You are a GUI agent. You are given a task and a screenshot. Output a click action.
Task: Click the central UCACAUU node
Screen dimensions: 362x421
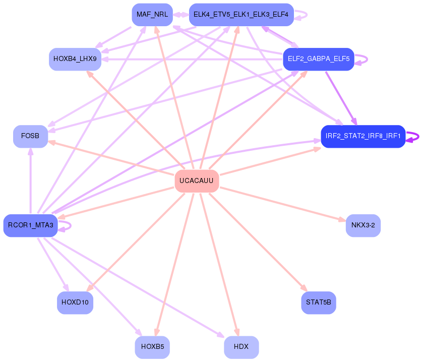click(196, 181)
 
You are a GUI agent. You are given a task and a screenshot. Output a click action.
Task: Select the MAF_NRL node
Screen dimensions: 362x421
click(152, 15)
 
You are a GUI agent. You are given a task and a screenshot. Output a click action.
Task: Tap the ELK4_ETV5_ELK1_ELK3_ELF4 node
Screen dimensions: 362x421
click(241, 15)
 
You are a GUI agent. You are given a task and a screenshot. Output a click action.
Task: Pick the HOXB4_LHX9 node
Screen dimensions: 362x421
click(75, 59)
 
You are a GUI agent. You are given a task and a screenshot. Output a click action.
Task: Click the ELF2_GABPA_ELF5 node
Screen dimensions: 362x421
click(318, 59)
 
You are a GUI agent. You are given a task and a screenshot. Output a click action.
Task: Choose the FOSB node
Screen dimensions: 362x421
click(30, 136)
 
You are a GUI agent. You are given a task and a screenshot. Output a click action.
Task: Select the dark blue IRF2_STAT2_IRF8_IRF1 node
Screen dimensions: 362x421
click(363, 136)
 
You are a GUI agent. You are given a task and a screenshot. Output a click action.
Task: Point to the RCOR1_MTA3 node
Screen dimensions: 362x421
click(30, 225)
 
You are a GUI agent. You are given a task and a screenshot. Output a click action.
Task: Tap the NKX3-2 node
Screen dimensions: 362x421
click(363, 225)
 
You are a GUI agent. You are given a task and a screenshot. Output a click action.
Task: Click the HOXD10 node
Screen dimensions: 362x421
click(75, 303)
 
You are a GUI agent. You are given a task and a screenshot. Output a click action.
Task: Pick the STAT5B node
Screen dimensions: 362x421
click(318, 303)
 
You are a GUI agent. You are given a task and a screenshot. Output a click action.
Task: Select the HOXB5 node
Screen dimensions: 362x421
click(152, 347)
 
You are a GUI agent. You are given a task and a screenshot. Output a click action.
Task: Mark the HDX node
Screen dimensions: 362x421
click(241, 347)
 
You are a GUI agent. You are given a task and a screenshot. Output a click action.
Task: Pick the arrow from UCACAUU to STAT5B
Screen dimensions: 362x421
click(257, 242)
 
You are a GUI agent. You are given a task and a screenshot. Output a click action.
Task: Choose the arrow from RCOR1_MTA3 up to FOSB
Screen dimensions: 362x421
click(30, 182)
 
